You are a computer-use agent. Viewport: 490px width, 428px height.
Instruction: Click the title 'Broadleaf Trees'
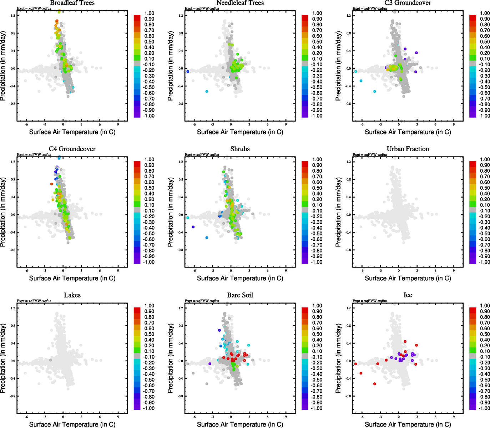72,3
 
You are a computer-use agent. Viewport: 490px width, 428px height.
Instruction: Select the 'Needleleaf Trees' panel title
240,3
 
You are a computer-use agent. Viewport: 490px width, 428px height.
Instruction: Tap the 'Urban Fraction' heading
408,149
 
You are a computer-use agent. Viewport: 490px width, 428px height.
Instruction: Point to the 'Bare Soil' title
240,295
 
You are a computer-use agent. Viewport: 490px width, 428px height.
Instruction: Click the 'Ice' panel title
408,295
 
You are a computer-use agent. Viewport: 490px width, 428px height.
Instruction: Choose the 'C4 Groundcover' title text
72,149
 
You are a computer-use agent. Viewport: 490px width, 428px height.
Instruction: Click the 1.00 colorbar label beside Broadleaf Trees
149,13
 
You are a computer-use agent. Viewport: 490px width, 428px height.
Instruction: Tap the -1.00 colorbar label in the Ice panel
484,408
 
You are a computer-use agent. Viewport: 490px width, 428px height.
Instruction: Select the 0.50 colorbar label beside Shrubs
317,188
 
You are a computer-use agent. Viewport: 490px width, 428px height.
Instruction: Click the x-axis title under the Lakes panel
72,424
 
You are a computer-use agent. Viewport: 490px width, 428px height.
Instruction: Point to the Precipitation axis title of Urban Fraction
338,213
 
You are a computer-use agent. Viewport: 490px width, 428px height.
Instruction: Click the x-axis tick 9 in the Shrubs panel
286,271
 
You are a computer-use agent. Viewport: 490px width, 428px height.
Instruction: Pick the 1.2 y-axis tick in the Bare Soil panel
181,308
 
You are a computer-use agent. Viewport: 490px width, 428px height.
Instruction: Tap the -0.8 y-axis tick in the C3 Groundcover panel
348,104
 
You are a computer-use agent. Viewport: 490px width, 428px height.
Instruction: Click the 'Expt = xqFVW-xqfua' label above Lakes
34,301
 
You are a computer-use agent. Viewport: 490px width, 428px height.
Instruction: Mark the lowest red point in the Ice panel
374,384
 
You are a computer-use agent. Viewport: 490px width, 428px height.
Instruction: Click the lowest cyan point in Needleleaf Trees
207,92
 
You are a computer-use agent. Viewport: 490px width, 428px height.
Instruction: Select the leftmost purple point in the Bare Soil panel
210,364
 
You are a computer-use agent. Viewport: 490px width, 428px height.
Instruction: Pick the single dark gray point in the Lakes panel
50,360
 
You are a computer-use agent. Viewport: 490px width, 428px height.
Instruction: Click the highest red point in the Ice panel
405,341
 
